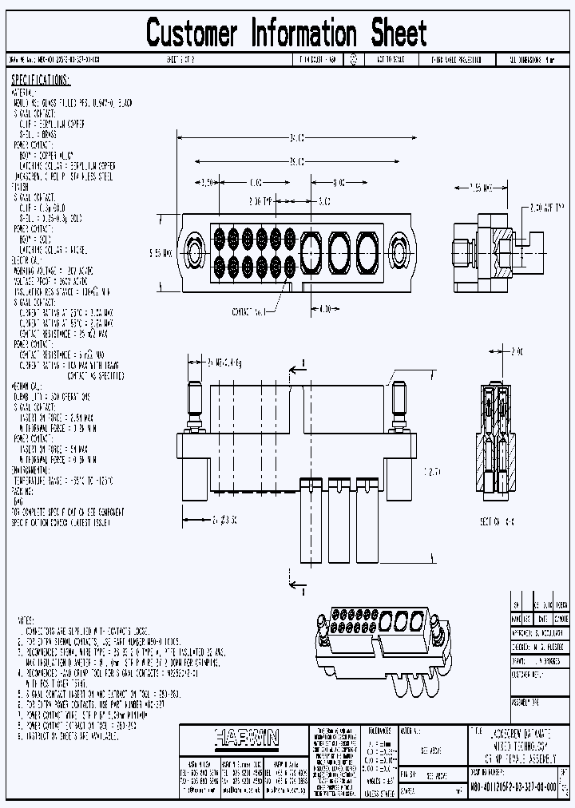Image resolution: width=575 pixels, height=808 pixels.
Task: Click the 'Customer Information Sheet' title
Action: (x=287, y=34)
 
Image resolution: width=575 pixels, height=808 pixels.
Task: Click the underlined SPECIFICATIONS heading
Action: (x=41, y=81)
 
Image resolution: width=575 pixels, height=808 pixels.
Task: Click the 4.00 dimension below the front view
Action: (x=325, y=307)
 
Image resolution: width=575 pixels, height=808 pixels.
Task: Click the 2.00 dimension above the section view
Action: (x=517, y=351)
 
